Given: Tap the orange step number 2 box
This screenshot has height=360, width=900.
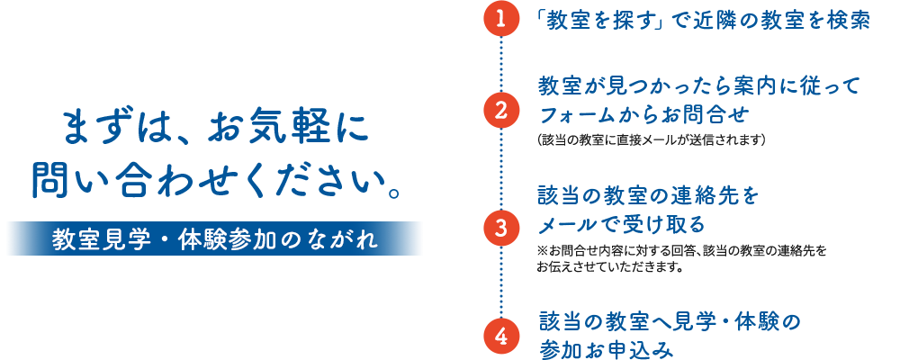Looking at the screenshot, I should (x=500, y=111).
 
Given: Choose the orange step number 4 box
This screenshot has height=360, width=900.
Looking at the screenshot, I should (x=500, y=337).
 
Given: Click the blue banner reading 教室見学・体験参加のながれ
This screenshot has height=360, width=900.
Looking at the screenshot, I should (x=214, y=238).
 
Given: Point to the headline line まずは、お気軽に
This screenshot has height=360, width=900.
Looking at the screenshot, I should (x=215, y=129).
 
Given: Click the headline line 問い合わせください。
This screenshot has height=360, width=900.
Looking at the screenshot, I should (x=215, y=180).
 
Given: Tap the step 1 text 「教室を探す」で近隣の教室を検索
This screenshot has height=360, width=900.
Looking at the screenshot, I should (x=702, y=21).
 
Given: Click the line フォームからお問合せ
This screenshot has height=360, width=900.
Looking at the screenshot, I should (x=643, y=114).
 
